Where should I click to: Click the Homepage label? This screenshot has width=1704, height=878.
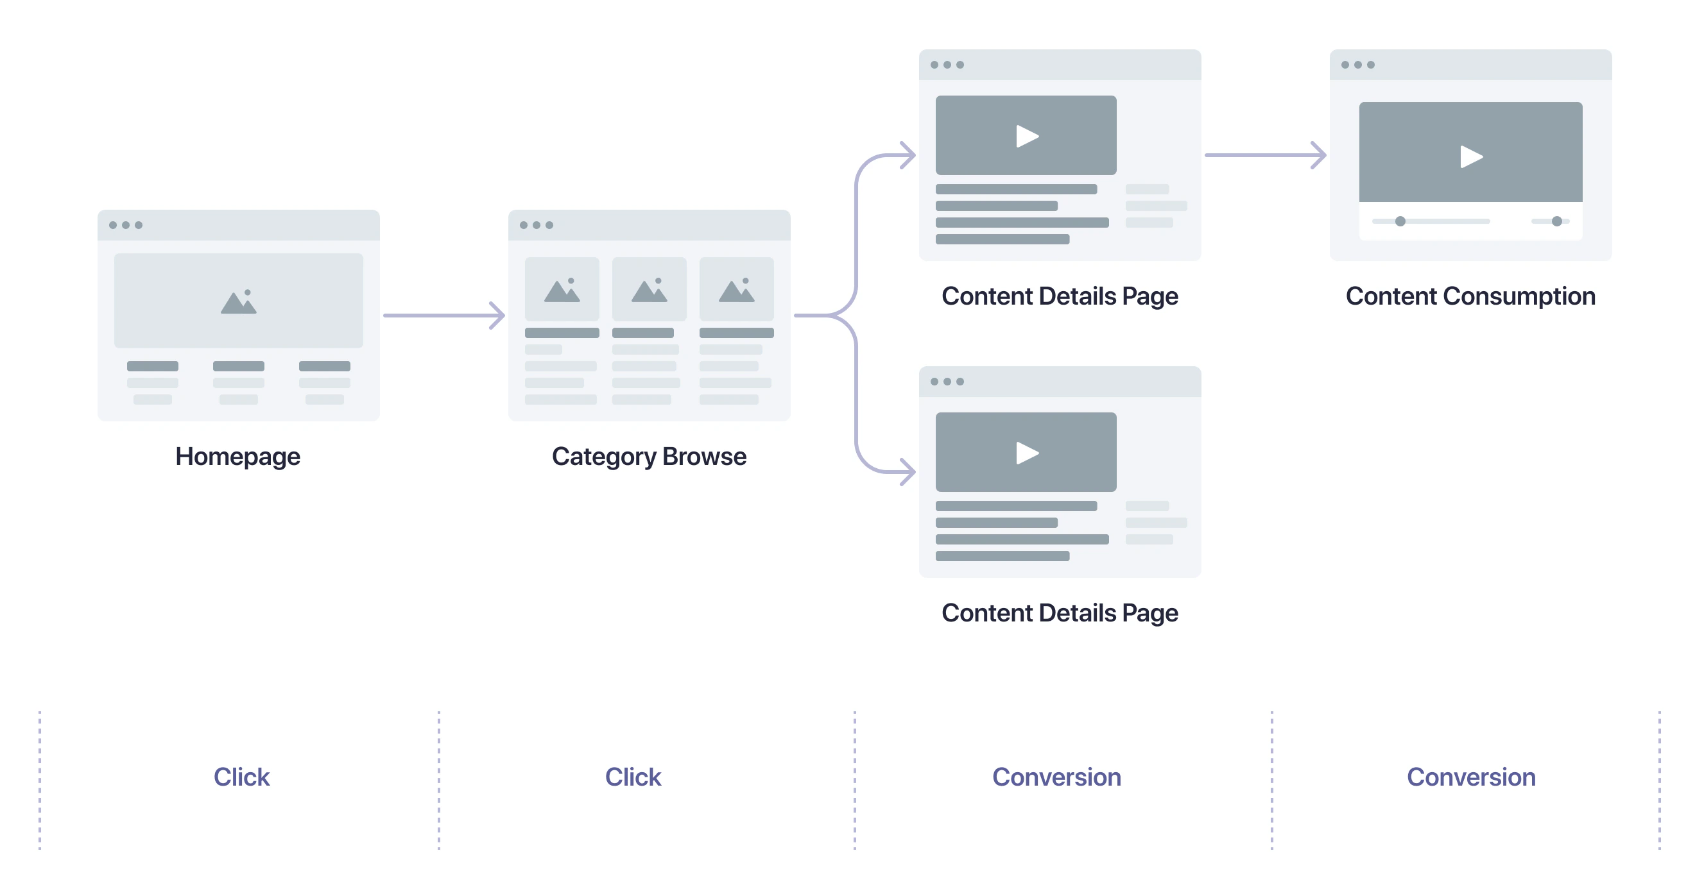[x=237, y=457]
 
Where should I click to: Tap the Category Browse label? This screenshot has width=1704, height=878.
[x=648, y=457]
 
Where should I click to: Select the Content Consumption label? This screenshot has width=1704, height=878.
[x=1470, y=296]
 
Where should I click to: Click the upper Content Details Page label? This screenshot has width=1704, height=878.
[x=1059, y=296]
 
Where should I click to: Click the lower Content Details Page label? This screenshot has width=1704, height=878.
[x=1059, y=613]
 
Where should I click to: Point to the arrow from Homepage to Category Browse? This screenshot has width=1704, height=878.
[x=443, y=316]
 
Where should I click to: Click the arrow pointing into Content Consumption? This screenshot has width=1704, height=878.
[x=1264, y=155]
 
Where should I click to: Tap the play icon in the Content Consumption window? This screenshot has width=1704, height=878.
[x=1470, y=156]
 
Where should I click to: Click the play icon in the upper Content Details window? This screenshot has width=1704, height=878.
[x=1027, y=136]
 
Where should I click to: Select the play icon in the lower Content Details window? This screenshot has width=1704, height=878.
[x=1027, y=453]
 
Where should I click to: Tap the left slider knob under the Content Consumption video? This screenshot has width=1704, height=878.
[x=1400, y=221]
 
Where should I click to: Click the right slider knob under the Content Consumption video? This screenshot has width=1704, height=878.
[x=1556, y=221]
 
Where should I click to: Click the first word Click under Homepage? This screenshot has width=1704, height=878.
[x=241, y=777]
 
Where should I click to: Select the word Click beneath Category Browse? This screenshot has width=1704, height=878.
[x=632, y=777]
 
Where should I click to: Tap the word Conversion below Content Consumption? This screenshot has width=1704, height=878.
[x=1470, y=777]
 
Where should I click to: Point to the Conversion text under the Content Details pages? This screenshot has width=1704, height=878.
[x=1056, y=777]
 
